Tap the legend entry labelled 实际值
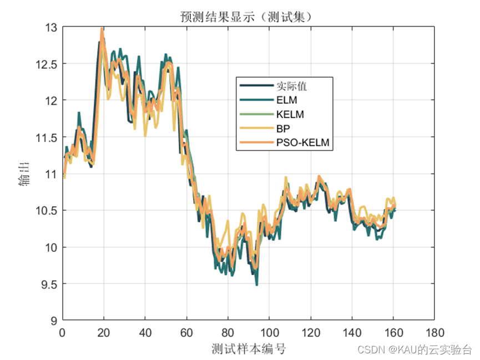coord(292,86)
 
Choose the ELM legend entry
coord(286,100)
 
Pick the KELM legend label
coord(290,114)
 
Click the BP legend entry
coord(282,129)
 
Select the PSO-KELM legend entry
coord(302,143)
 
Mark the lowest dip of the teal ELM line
coord(256,285)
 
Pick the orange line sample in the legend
coord(256,143)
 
